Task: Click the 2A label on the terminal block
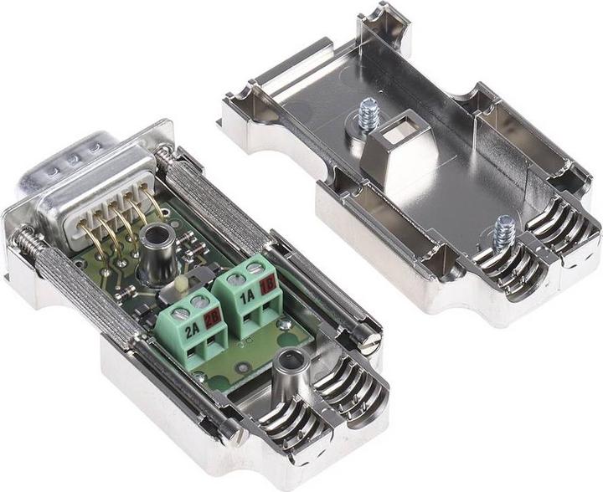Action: click(191, 329)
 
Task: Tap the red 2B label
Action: click(212, 319)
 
